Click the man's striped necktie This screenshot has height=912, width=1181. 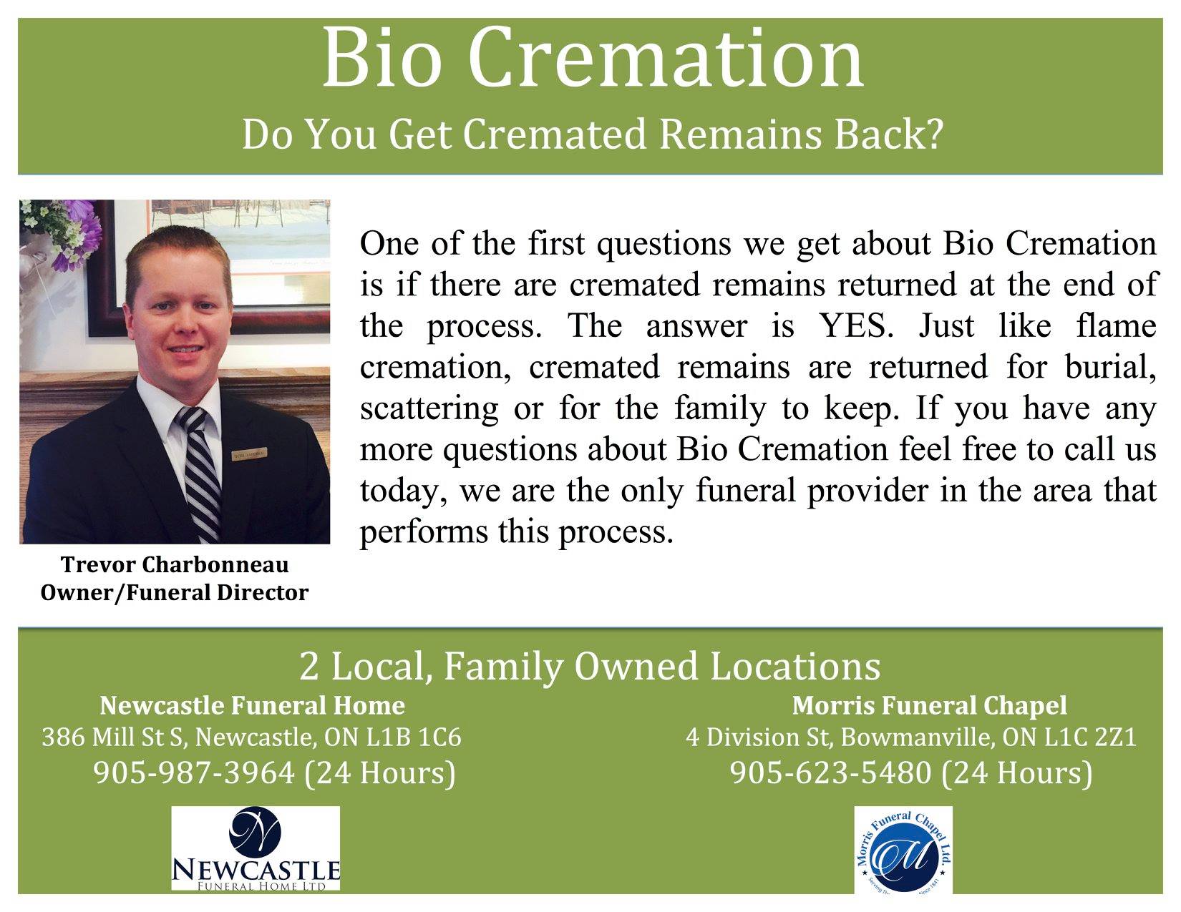click(x=200, y=473)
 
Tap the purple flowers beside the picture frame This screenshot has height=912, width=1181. click(x=79, y=234)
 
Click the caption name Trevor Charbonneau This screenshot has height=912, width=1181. click(x=175, y=565)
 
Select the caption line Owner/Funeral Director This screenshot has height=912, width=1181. click(x=175, y=592)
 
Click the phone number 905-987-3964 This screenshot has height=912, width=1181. click(x=194, y=773)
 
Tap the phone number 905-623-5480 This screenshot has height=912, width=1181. click(x=831, y=773)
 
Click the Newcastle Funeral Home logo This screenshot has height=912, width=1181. click(x=256, y=848)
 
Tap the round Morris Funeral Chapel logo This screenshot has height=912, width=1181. click(x=903, y=850)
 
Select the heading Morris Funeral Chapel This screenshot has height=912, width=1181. click(x=929, y=705)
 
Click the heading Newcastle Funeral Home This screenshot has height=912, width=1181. click(x=252, y=705)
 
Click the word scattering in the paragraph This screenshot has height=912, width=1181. click(x=429, y=409)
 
